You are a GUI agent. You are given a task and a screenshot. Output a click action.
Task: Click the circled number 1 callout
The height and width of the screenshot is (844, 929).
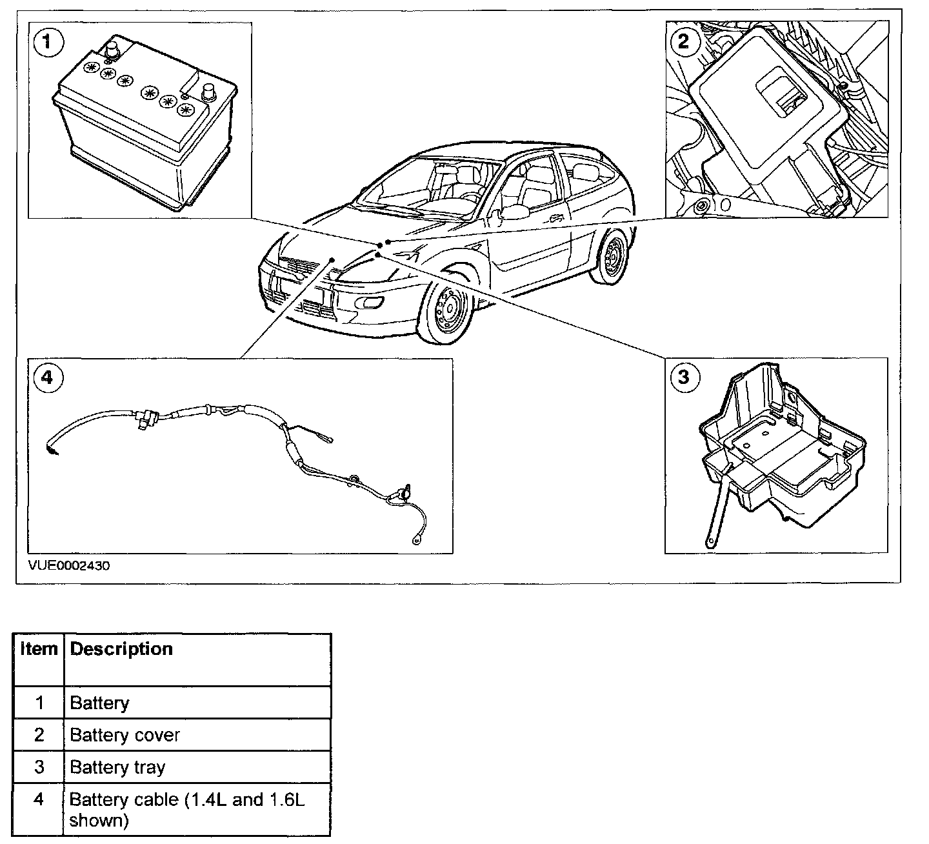tap(48, 43)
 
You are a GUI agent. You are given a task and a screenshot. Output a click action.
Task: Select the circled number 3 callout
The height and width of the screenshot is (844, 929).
tap(683, 377)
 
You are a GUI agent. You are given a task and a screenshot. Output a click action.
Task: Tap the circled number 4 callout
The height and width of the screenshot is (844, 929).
tap(47, 377)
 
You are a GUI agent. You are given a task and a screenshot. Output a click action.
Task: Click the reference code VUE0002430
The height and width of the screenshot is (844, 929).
tap(69, 566)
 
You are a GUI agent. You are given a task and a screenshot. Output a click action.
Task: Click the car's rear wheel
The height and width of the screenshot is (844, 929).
tap(611, 256)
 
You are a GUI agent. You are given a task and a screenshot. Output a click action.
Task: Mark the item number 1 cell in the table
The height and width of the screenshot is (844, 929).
tap(39, 703)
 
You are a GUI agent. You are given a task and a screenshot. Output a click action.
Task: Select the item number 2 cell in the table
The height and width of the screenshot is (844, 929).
tap(39, 735)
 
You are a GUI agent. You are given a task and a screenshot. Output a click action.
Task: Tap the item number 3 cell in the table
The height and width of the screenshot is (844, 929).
tap(39, 767)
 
